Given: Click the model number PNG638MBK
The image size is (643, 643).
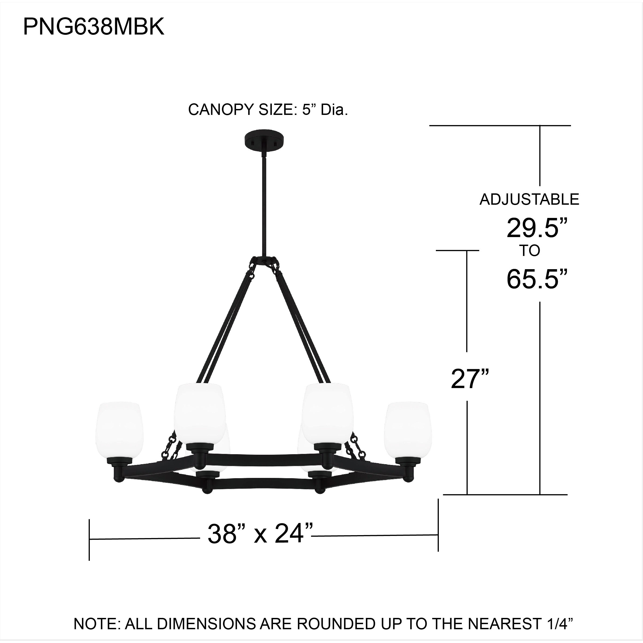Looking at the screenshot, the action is point(94,27).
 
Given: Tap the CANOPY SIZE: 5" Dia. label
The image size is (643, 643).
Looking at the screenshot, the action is point(268,110).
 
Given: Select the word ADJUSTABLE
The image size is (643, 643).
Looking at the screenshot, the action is point(529,199).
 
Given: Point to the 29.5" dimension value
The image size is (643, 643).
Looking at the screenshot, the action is point(536,228).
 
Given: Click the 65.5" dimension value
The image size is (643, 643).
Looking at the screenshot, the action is point(536,279).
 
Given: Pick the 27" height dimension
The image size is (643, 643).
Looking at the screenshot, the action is point(470,379).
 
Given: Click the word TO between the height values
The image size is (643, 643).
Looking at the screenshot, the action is point(530,251).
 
